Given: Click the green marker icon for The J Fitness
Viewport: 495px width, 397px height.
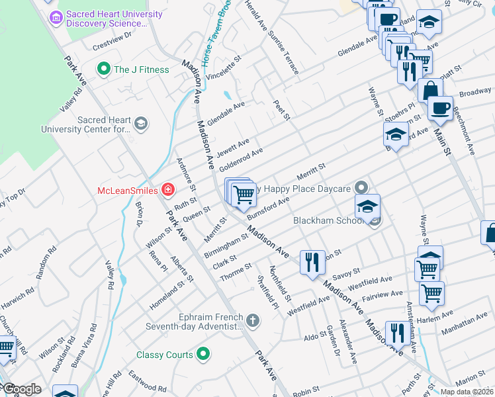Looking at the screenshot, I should (x=103, y=69).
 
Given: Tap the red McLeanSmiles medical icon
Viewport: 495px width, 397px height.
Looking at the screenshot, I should (x=169, y=191).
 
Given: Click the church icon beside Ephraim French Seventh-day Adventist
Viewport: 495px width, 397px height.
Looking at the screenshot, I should (x=251, y=321).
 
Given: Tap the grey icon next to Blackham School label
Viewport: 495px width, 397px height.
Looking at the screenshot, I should (x=375, y=220).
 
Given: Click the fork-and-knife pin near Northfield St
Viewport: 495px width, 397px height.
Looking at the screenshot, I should (x=312, y=261).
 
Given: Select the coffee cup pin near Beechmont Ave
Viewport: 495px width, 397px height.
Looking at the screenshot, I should (x=440, y=107).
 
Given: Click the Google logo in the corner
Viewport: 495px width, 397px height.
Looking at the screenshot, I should (x=21, y=390).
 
